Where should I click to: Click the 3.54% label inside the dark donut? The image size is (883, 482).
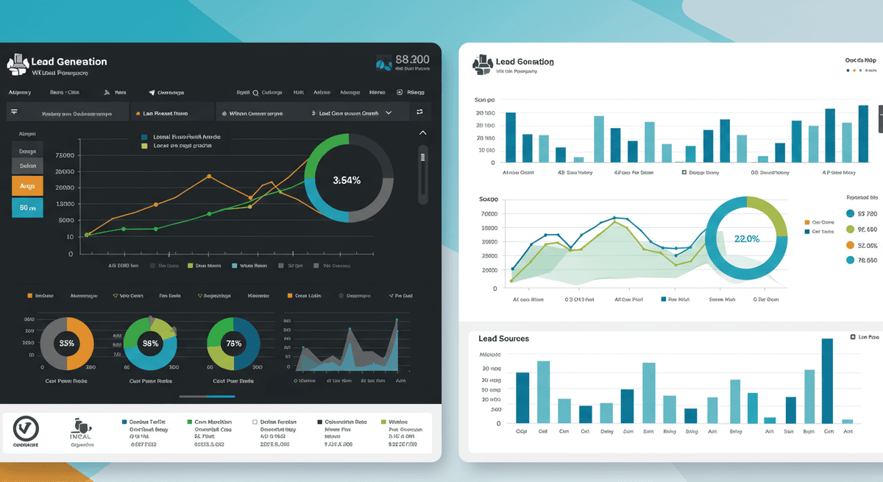(x=347, y=180)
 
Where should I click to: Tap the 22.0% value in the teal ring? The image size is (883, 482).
(x=746, y=238)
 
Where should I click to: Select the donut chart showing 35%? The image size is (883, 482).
(x=67, y=343)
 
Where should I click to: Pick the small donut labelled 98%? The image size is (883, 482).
(x=150, y=343)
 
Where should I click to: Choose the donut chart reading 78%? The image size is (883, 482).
(x=234, y=343)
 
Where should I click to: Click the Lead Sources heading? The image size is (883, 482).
(x=503, y=339)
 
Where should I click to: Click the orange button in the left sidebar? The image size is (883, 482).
(x=27, y=186)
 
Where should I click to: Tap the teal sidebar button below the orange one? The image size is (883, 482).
(x=27, y=208)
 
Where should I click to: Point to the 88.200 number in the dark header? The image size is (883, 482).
(x=412, y=59)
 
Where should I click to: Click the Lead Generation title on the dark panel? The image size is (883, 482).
(x=69, y=62)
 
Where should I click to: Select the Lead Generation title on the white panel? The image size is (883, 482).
(x=525, y=63)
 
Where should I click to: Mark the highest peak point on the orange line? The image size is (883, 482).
(x=209, y=177)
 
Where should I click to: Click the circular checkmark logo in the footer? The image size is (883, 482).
(x=26, y=428)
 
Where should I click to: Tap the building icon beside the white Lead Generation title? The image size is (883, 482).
(x=481, y=64)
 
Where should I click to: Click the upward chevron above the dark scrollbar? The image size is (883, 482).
(x=422, y=133)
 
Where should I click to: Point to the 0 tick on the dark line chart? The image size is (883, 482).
(x=71, y=254)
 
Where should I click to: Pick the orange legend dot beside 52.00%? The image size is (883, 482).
(x=851, y=245)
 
